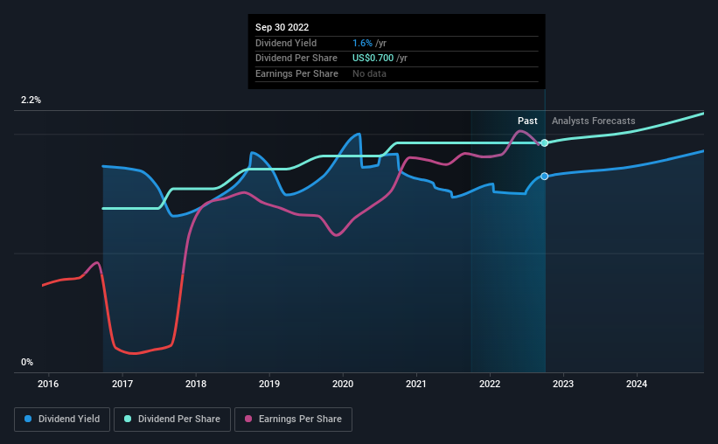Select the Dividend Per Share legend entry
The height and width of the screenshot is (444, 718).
point(174,420)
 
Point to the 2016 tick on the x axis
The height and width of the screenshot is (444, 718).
point(48,384)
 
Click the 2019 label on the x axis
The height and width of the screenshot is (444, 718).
point(269,384)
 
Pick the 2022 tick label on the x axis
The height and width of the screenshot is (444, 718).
point(490,384)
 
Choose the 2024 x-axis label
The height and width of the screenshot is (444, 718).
point(637,384)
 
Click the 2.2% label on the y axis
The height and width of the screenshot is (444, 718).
point(31,101)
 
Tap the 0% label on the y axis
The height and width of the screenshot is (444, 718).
point(27,362)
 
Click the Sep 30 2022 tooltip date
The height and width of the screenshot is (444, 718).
point(282,27)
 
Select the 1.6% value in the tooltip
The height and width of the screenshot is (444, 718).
point(361,43)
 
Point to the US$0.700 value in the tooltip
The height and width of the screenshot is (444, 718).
point(373,58)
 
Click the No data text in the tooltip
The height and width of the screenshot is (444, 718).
point(369,73)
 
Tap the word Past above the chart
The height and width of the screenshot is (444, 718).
point(527,121)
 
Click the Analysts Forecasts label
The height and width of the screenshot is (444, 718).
point(594,121)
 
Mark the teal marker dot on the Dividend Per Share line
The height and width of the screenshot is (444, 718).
point(545,142)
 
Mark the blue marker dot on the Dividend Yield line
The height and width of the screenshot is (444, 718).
point(545,177)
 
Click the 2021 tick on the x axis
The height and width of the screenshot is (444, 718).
point(416,384)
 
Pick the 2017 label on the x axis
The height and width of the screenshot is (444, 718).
point(122,384)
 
